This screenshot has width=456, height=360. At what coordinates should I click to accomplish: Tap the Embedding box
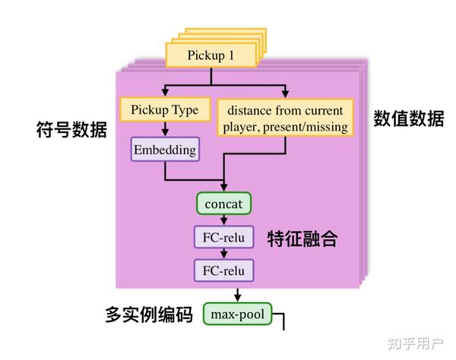(x=165, y=150)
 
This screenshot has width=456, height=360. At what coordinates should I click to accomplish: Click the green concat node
(x=223, y=204)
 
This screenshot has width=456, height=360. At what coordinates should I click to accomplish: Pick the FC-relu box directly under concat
(x=223, y=237)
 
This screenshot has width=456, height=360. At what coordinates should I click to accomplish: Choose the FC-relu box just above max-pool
(x=223, y=270)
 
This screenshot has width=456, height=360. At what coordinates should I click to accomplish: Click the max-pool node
(x=237, y=314)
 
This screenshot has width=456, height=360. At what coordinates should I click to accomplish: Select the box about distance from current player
(x=286, y=118)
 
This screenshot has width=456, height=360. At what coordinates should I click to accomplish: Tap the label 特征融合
(x=302, y=240)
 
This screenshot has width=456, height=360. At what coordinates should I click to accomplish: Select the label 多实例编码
(x=148, y=314)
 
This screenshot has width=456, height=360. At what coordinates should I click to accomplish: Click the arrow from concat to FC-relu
(x=223, y=220)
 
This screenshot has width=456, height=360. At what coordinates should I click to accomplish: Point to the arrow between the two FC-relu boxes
(x=223, y=254)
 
